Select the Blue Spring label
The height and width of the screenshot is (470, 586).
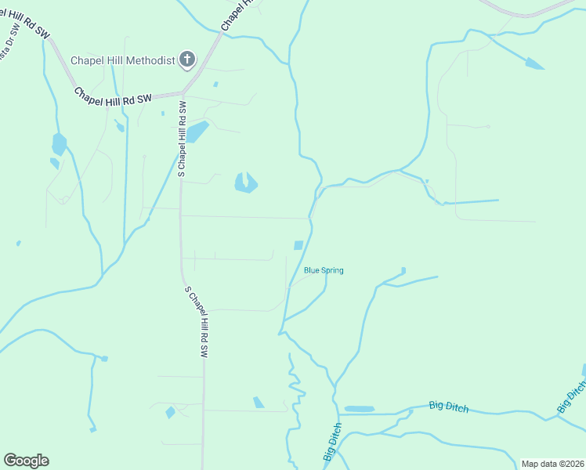coord(324,270)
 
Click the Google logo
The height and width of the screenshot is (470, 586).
coord(26,461)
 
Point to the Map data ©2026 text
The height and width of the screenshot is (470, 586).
coord(552,464)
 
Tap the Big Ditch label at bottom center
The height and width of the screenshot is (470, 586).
coord(332,443)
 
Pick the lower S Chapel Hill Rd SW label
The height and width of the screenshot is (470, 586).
coord(197,322)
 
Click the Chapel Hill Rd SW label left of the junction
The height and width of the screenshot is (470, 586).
coord(112,96)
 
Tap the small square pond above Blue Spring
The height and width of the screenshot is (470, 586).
coord(298,245)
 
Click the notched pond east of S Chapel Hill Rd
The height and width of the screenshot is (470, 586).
coord(245,183)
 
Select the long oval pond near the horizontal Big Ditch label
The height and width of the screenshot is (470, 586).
coord(360,409)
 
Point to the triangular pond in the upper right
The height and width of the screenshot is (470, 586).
coord(534,63)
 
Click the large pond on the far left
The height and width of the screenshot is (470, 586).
coord(59,144)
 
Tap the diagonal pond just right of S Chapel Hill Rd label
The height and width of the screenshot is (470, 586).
coord(197,132)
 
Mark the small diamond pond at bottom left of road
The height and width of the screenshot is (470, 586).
coord(170,412)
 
